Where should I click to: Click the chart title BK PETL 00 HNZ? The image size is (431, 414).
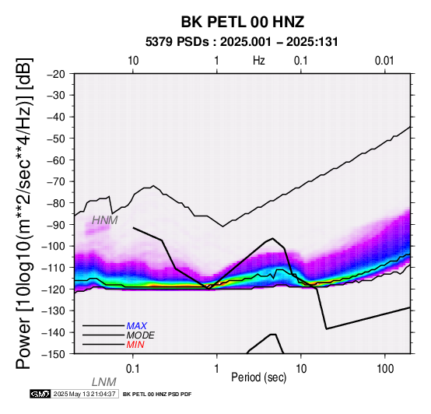(243, 22)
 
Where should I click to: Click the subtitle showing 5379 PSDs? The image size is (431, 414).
(241, 42)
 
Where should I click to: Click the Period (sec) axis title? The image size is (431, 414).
(258, 377)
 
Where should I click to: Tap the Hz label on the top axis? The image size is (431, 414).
(259, 61)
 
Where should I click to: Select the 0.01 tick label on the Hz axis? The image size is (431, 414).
(384, 61)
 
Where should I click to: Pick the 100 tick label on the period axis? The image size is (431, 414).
(385, 369)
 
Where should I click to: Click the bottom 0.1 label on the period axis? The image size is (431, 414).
(133, 369)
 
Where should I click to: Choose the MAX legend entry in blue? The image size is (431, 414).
(137, 326)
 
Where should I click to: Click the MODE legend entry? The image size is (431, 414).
(141, 335)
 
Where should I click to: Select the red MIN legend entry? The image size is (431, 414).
(135, 345)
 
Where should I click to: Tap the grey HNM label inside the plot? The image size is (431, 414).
(105, 220)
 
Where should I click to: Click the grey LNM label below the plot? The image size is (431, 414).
(104, 382)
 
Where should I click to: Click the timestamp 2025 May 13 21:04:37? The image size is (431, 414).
(84, 394)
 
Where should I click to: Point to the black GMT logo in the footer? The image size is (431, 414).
(40, 394)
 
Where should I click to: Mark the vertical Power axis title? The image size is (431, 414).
(24, 213)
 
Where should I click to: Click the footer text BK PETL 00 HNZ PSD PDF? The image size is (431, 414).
(157, 395)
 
